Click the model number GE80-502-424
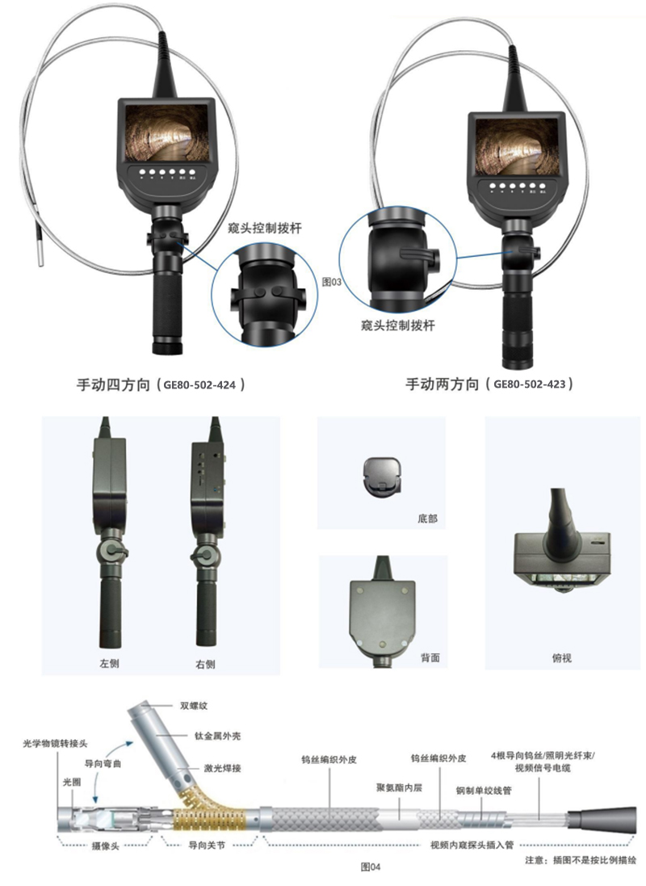click(199, 384)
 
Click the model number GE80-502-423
click(530, 384)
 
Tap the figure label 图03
click(332, 281)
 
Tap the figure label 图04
click(371, 867)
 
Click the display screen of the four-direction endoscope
click(166, 132)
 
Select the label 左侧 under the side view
click(109, 663)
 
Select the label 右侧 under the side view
click(205, 665)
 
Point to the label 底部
click(427, 519)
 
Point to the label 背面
click(430, 657)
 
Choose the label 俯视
click(561, 657)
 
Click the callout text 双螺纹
click(194, 706)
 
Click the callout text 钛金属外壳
click(217, 736)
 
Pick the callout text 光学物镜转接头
click(56, 744)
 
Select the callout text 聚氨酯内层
click(399, 787)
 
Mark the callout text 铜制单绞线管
click(484, 791)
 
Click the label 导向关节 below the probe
click(206, 846)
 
